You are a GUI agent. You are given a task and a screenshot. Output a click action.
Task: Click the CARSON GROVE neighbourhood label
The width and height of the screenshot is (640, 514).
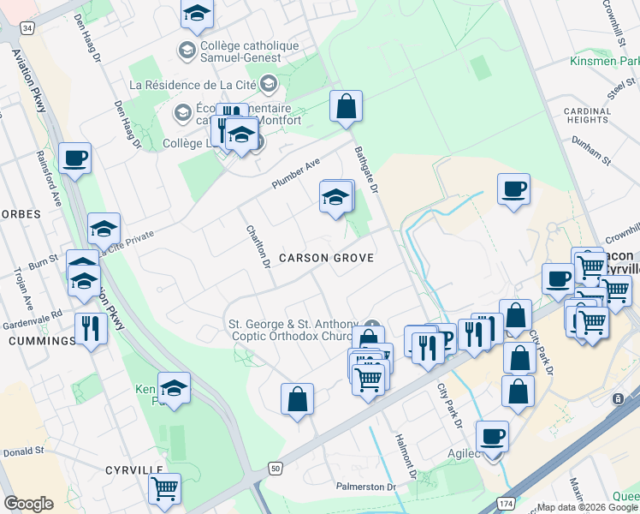click(x=326, y=258)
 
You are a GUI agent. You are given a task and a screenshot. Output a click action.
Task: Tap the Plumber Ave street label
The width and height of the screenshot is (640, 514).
click(x=295, y=173)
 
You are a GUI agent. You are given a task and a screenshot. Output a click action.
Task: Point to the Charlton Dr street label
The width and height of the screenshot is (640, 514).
click(x=258, y=247)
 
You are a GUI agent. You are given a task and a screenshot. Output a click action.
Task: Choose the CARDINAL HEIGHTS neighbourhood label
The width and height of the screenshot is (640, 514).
click(x=588, y=117)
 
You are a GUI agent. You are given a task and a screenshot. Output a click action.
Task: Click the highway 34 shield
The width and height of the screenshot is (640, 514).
click(x=28, y=28)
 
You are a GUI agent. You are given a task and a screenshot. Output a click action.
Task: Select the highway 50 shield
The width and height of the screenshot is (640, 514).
click(x=274, y=467)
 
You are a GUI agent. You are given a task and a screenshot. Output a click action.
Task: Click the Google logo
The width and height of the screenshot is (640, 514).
click(x=28, y=504)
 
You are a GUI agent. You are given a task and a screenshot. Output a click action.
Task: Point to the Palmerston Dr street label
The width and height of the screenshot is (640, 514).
click(x=386, y=487)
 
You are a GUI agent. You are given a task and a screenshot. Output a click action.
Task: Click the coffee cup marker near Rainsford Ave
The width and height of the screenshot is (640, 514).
click(x=75, y=158)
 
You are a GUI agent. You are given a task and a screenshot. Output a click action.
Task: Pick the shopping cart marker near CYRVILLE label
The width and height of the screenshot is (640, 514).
click(x=164, y=489)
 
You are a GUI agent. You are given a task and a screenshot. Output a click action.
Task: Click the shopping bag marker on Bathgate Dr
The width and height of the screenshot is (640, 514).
click(x=347, y=107)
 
